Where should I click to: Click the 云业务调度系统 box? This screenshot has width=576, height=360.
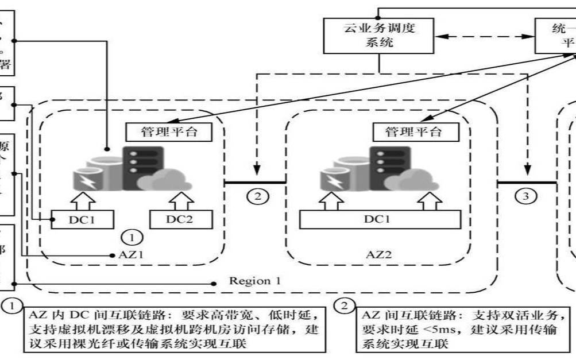(378, 36)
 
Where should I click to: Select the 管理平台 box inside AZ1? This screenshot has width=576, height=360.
(169, 132)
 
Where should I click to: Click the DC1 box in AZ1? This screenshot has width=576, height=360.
(82, 219)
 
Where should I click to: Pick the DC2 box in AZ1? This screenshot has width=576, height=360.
(181, 219)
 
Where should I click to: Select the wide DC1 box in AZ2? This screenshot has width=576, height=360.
(380, 219)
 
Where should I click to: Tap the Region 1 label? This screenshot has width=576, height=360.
(255, 281)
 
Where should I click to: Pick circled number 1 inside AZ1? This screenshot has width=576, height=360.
(132, 237)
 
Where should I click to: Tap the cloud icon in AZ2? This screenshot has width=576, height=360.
(410, 181)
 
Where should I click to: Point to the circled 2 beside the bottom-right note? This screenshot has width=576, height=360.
(344, 306)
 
